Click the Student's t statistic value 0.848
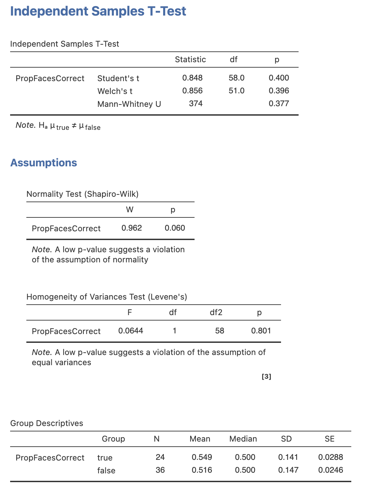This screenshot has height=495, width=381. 192,78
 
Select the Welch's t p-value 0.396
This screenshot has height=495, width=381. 279,91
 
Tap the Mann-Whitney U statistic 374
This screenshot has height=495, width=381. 196,104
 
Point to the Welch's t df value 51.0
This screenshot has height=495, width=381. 236,91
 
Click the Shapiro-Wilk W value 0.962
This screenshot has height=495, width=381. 131,228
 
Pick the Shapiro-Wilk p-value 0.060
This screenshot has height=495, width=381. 175,228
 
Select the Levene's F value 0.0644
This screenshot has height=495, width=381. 131,331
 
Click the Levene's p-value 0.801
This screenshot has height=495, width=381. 261,331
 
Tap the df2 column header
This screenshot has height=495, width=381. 216,312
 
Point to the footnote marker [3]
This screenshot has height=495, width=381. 266,377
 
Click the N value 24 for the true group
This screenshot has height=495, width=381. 160,457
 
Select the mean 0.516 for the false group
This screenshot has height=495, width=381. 202,470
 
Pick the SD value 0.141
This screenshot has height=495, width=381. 288,457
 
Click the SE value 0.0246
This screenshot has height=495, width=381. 331,470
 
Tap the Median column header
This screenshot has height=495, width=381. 243,439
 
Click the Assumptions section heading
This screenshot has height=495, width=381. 44,163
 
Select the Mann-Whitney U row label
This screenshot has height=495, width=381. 129,104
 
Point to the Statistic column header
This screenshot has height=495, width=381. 190,60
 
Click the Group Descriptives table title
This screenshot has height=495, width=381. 47,423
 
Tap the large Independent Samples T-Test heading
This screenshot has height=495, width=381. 98,11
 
